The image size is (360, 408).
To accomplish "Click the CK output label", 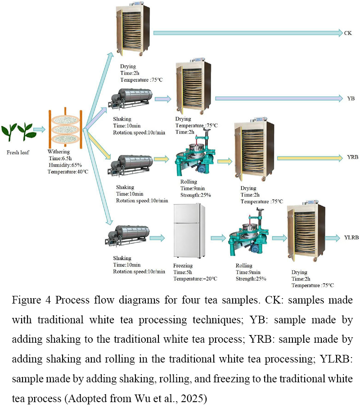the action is [x=348, y=33].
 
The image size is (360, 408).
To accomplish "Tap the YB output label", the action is [x=351, y=98].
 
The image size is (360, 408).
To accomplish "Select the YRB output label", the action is [x=352, y=157].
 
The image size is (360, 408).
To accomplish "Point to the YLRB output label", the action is [x=351, y=237].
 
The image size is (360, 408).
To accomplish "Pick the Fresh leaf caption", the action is [x=18, y=153].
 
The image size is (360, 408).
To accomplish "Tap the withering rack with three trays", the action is [x=65, y=128].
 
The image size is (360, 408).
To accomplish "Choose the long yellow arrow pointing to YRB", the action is [x=310, y=158].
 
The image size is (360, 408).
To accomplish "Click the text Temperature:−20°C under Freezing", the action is [x=195, y=279].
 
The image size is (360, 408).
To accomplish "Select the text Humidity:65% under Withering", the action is [x=65, y=165].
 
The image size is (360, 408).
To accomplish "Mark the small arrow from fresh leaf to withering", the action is [x=39, y=129].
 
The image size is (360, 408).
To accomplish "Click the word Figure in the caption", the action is [x=27, y=300].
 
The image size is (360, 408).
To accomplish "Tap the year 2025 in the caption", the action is [x=192, y=399].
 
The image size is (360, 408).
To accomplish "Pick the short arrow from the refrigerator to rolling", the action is [x=218, y=238].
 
